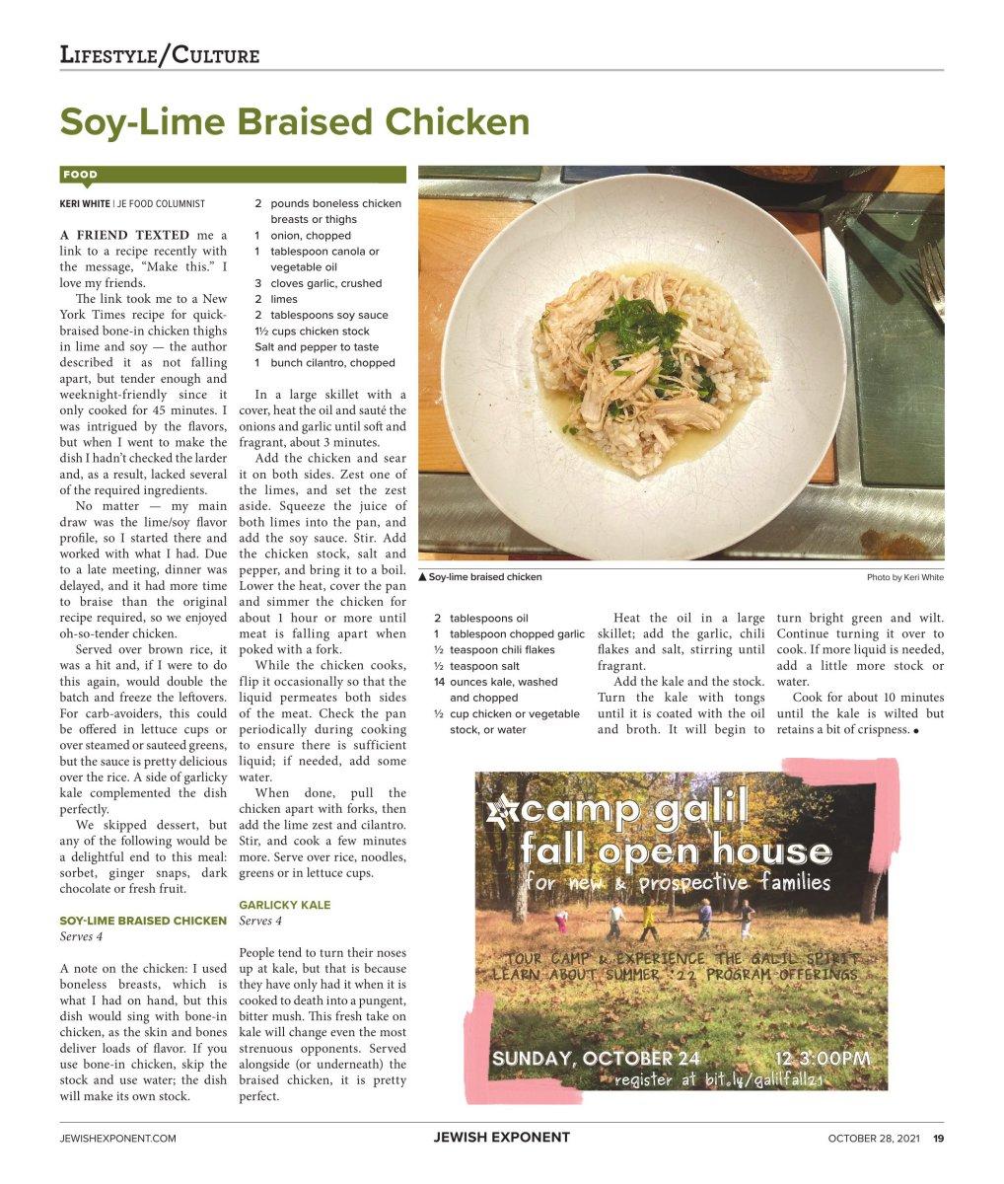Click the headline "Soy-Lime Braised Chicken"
tap(294, 122)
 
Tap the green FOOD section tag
tap(80, 175)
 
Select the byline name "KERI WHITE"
tap(85, 203)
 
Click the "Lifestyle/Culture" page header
tap(160, 54)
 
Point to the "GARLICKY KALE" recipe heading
tap(285, 905)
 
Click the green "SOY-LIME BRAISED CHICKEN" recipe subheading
tap(143, 921)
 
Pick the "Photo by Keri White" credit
tap(904, 577)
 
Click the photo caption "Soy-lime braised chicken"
tap(484, 577)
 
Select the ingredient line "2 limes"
tap(276, 299)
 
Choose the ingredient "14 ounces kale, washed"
tap(503, 682)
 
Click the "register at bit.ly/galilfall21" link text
tap(719, 1080)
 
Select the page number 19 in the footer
tap(938, 1138)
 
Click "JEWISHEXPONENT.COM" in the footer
tap(118, 1138)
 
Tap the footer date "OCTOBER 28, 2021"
tap(873, 1138)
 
